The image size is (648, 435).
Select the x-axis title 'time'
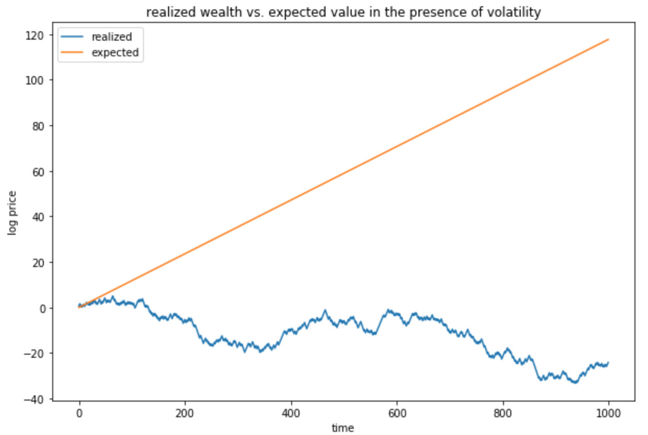[343, 428]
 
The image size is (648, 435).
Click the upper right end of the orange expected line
[608, 39]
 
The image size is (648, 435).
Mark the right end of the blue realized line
[608, 362]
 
